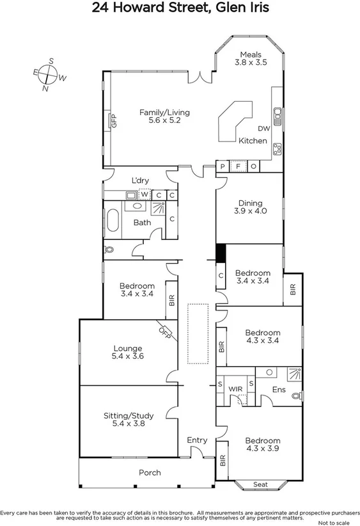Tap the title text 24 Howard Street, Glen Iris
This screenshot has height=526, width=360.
[x=180, y=8]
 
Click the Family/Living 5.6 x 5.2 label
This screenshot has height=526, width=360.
[x=164, y=116]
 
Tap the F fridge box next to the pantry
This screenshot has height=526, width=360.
[x=238, y=166]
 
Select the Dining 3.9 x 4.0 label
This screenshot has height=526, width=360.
[x=250, y=206]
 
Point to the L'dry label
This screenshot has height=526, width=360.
[x=141, y=180]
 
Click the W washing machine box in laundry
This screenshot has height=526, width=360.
[x=145, y=195]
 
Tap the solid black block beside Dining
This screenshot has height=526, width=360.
[x=221, y=253]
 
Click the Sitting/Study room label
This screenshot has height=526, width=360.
[x=129, y=419]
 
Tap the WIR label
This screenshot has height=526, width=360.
[x=237, y=388]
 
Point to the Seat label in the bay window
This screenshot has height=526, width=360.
[x=260, y=484]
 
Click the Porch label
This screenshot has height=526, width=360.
[x=150, y=473]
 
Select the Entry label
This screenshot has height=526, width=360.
[x=197, y=440]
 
